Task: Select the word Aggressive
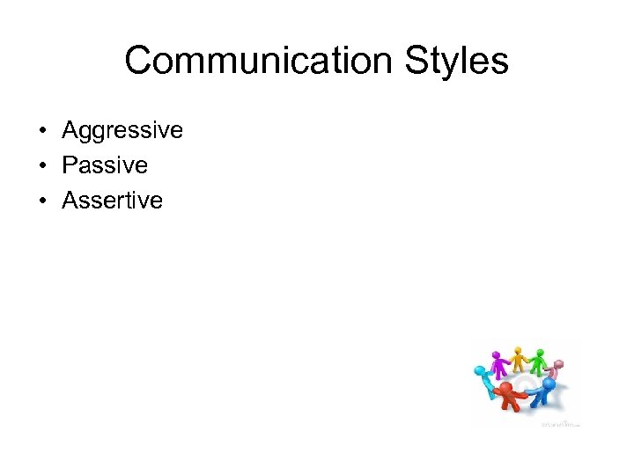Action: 122,131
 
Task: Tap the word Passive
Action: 105,165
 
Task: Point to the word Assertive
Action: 112,201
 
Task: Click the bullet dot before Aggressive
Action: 41,132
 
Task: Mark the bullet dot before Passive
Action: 41,166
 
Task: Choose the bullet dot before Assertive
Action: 41,201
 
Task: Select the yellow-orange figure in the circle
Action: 520,359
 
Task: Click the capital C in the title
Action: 139,62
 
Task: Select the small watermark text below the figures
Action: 561,423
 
